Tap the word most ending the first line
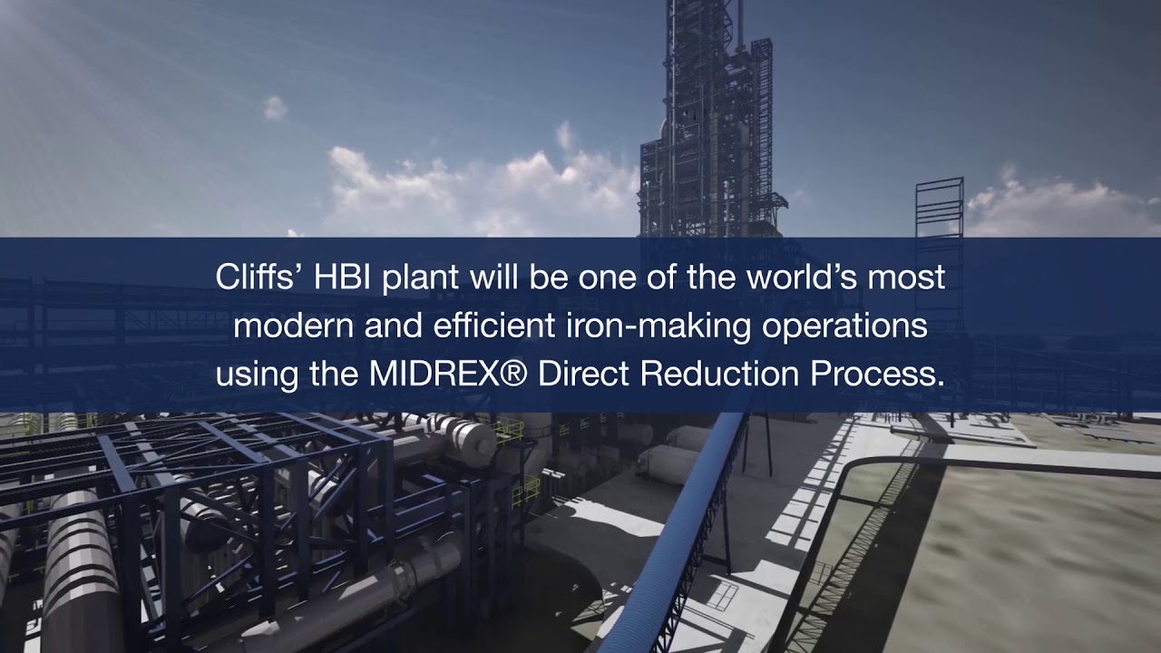coord(909,278)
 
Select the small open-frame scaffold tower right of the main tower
coord(939,209)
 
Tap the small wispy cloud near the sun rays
coord(275,108)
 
